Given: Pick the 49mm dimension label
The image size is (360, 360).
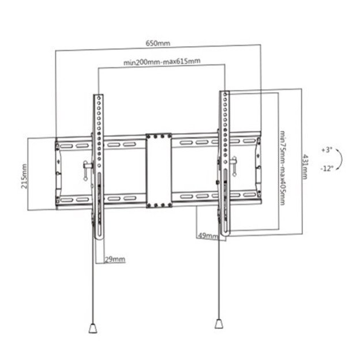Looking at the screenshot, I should point(207,235).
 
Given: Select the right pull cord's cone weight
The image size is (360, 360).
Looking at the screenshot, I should point(220,322).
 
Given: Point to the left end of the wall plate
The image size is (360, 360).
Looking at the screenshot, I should point(58,171).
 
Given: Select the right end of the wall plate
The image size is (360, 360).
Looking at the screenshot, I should point(257,171).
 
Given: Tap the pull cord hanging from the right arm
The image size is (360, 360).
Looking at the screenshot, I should point(220,276).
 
